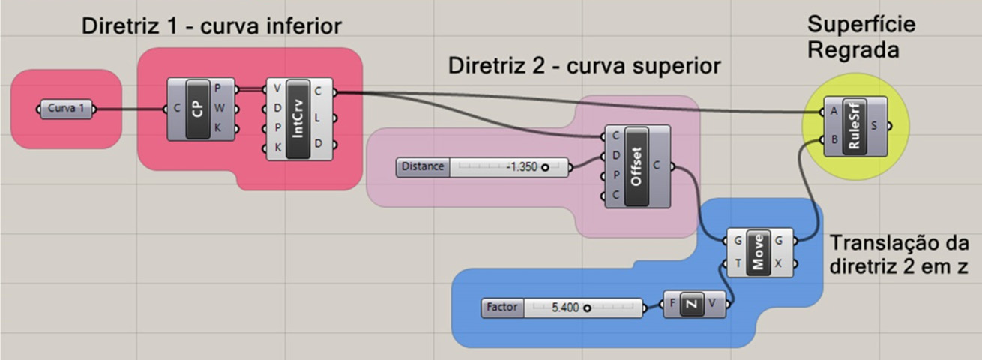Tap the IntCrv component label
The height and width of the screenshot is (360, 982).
(298, 118)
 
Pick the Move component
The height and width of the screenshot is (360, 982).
(759, 252)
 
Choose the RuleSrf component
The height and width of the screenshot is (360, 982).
(855, 125)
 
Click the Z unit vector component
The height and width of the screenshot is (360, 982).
(693, 304)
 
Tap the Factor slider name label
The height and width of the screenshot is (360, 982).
(502, 307)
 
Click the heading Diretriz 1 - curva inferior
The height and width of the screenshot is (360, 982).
(211, 27)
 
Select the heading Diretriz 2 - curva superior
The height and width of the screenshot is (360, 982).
(584, 65)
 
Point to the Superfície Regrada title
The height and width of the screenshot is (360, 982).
(861, 37)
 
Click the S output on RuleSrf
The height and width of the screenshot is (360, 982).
(877, 125)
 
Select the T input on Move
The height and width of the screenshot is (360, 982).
(738, 264)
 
